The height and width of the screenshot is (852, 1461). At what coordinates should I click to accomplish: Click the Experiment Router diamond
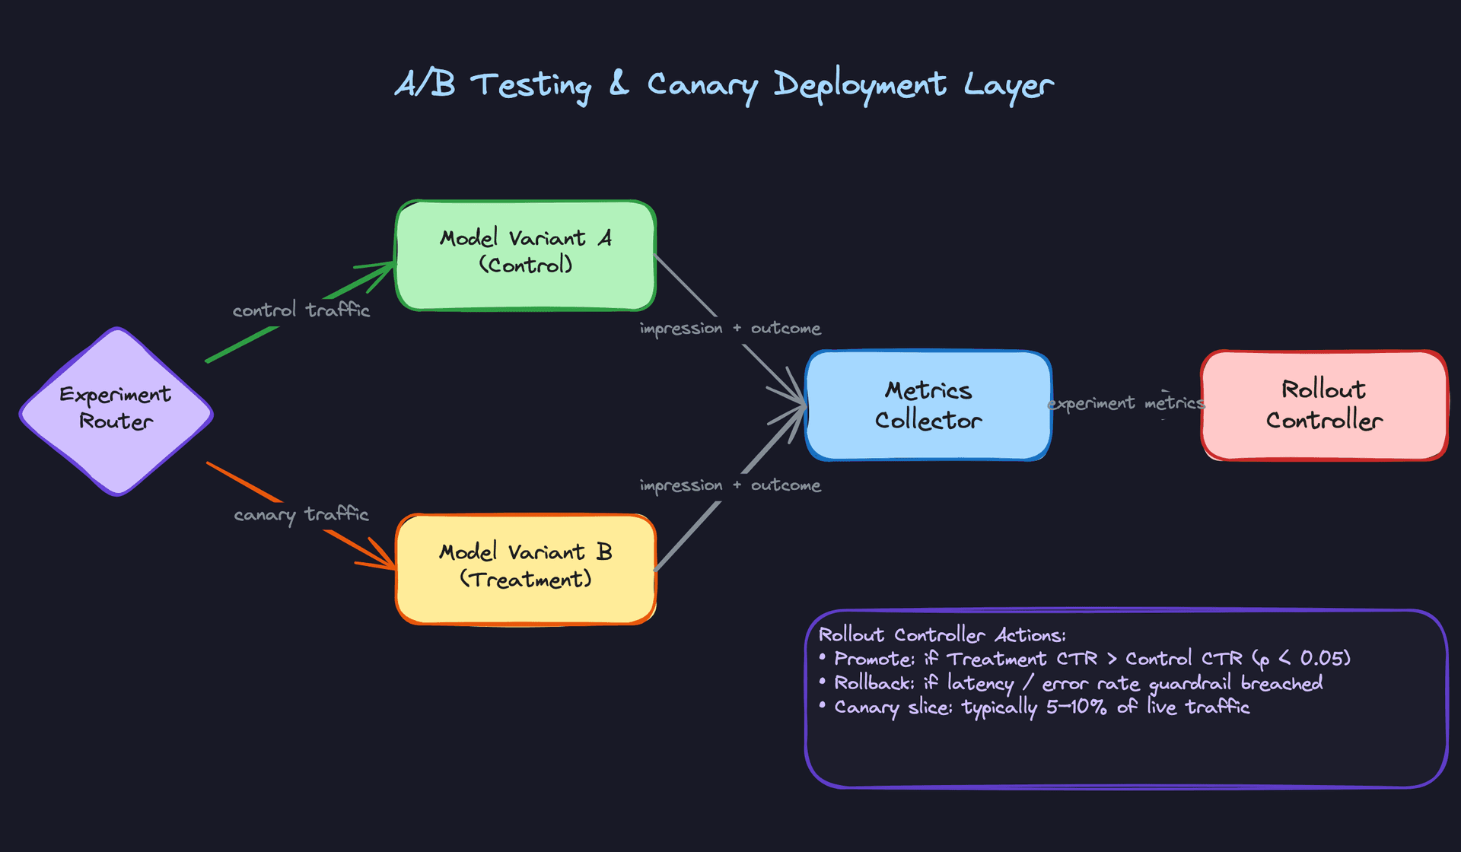click(116, 411)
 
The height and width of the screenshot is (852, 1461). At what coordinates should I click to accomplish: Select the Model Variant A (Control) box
click(525, 256)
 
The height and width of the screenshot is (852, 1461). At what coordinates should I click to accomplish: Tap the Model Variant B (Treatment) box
click(525, 569)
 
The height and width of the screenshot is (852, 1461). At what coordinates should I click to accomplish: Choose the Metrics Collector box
click(928, 405)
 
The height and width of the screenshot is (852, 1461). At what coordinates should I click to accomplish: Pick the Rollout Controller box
click(1324, 405)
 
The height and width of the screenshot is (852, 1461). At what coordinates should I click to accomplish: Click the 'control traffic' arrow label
click(301, 310)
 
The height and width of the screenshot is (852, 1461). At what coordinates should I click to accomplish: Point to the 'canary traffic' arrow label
click(301, 515)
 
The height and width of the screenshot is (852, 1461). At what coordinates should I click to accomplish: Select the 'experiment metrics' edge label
click(1126, 403)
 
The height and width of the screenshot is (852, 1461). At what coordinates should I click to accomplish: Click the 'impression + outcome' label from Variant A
click(730, 329)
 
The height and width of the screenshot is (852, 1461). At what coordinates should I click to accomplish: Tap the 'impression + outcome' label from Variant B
click(730, 485)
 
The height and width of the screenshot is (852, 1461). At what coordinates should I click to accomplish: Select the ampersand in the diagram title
click(619, 84)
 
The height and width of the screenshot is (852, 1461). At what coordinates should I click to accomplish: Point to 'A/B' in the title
click(425, 84)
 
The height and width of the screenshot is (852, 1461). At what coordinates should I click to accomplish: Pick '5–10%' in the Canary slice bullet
click(1076, 707)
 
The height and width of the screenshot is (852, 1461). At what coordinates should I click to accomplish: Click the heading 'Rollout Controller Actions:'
click(942, 635)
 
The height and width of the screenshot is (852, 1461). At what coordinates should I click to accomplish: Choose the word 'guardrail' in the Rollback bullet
click(1190, 684)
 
